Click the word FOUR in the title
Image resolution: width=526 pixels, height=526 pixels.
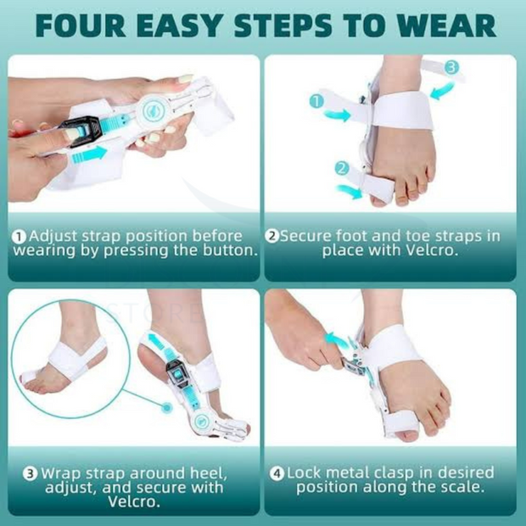81,25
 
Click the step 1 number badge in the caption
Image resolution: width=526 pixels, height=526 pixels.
20,237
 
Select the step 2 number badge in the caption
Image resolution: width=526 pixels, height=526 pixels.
271,236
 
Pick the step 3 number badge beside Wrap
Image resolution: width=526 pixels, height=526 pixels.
31,474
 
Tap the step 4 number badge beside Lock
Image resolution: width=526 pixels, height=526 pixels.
277,473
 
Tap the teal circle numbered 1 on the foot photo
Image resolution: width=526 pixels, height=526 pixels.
316,101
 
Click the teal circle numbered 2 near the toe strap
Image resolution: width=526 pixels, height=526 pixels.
342,168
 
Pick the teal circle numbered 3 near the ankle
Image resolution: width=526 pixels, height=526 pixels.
451,67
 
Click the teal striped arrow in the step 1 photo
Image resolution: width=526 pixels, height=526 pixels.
89,155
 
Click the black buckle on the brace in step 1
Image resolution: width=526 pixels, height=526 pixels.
80,131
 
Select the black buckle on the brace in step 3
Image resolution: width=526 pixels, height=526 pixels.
177,372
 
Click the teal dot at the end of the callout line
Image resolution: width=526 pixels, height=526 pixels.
166,408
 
